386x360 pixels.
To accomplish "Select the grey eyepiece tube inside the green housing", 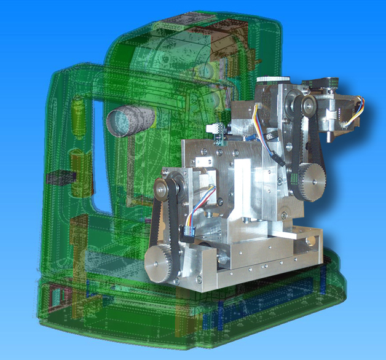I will point(126,120).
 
